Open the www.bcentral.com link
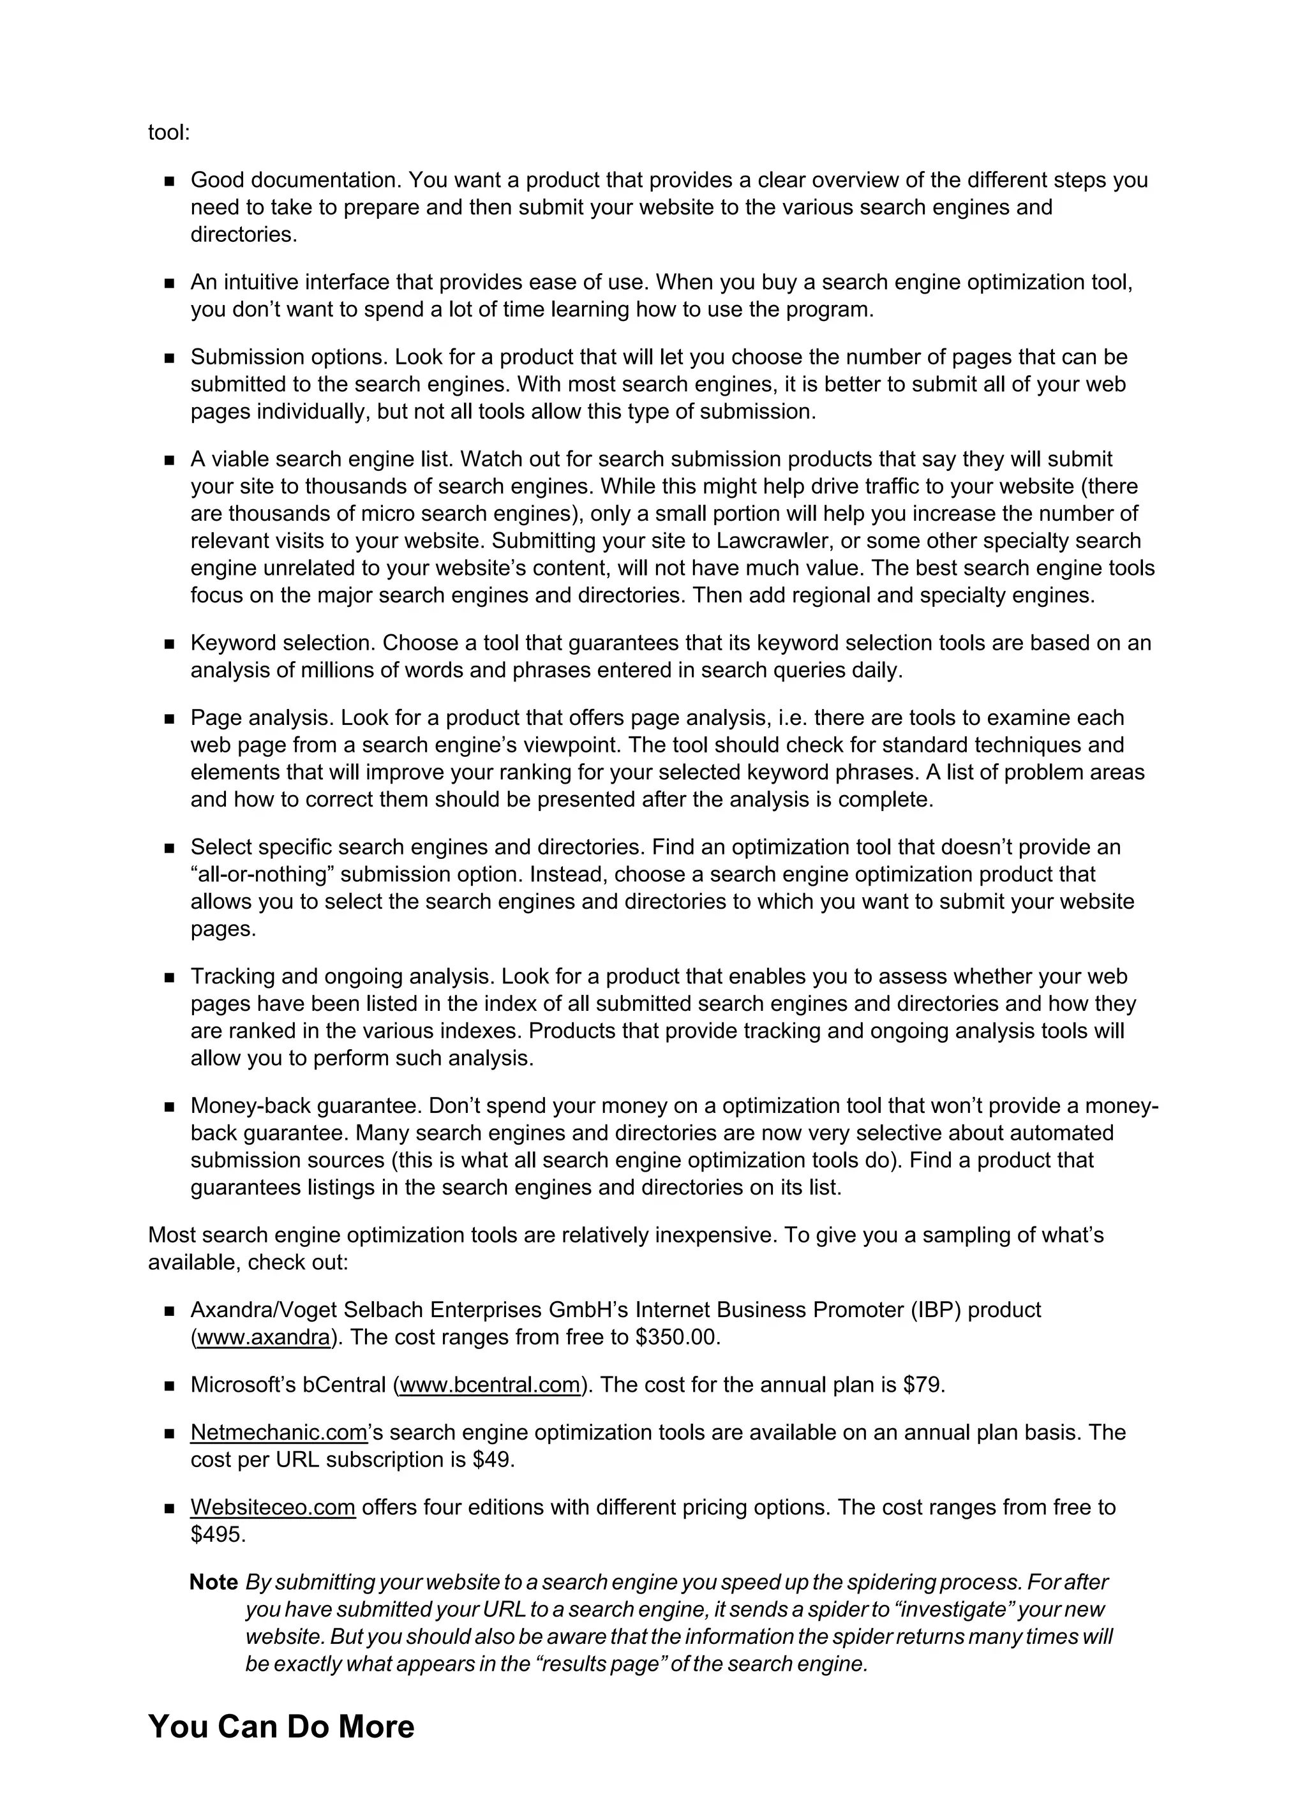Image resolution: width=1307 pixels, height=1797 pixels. coord(490,1384)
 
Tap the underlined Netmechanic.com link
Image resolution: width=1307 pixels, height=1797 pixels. coord(279,1432)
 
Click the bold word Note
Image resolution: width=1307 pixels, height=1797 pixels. coord(213,1583)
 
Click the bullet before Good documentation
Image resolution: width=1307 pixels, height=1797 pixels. coord(169,181)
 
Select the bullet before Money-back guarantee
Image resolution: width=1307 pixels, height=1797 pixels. coord(169,1107)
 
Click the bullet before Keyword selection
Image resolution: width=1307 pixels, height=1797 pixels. coord(169,644)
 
